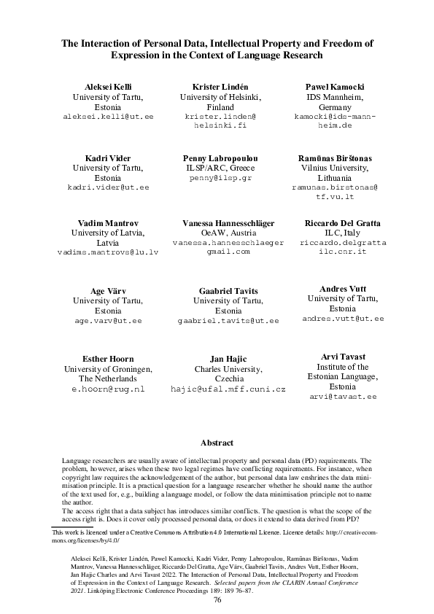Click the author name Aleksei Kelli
click(x=103, y=87)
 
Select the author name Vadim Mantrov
click(x=107, y=222)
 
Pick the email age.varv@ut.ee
click(x=109, y=320)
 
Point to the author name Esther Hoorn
click(x=107, y=359)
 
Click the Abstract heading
click(x=217, y=443)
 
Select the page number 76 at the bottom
click(x=217, y=599)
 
